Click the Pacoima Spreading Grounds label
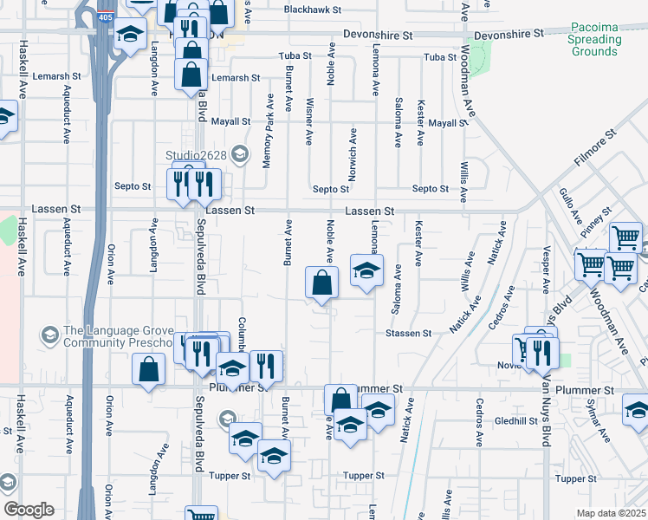pos(596,40)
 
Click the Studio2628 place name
pos(197,155)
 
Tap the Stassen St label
pos(408,333)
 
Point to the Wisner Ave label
pos(309,127)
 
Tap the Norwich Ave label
pos(353,155)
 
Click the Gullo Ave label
pos(568,206)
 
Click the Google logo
pos(29,510)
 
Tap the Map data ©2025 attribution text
pos(611,513)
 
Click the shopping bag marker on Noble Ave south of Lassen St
pos(321,283)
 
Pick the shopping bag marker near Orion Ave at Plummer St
pos(148,370)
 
